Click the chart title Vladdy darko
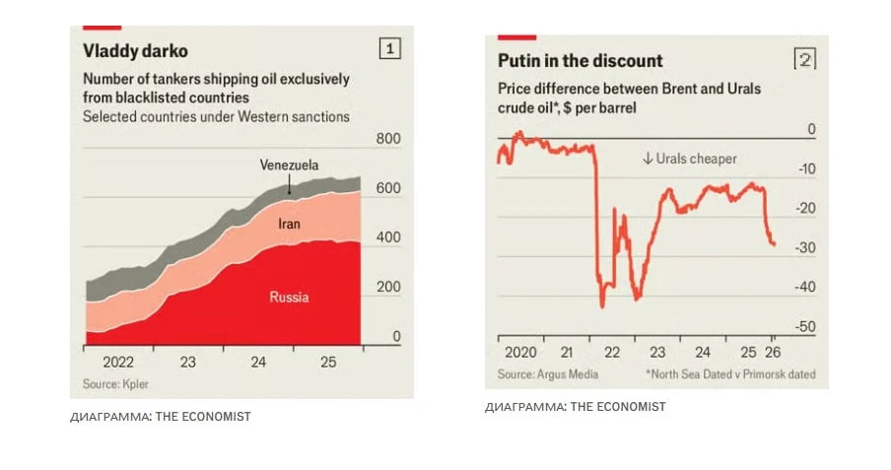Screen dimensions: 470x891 (135, 50)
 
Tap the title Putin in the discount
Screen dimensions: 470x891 (580, 61)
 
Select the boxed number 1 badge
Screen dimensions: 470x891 (389, 47)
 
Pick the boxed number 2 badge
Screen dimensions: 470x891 (805, 60)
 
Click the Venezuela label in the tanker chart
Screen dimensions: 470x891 (289, 165)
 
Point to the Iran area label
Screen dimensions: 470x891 (289, 225)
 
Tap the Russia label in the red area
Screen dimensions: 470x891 (290, 296)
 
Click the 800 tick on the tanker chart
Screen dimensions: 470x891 (388, 140)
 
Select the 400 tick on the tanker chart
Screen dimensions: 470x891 (388, 238)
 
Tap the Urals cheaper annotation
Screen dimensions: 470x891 (689, 159)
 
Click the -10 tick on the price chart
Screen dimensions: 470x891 (805, 169)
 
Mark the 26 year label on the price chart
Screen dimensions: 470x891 (776, 353)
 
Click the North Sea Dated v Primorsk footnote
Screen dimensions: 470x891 (730, 374)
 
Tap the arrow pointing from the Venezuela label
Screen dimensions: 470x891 (289, 185)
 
